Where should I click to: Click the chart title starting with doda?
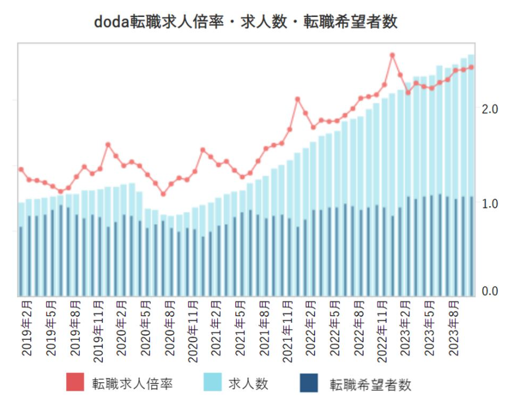tap(246, 22)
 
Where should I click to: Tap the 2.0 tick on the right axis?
tap(490, 110)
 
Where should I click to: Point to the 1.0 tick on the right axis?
tap(490, 204)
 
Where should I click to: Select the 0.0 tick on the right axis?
tap(490, 291)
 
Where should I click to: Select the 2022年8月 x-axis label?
tap(359, 330)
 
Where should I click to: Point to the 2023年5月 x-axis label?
tap(430, 330)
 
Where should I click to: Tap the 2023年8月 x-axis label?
tap(453, 330)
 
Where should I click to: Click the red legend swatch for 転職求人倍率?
tap(76, 383)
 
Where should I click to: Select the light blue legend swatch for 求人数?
tap(214, 383)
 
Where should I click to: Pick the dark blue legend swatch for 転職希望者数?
tap(308, 383)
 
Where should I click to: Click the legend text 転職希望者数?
tap(370, 384)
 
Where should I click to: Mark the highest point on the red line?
tap(393, 56)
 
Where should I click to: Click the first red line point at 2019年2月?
tap(21, 169)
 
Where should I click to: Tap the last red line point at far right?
tap(471, 67)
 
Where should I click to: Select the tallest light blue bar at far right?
tap(471, 176)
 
